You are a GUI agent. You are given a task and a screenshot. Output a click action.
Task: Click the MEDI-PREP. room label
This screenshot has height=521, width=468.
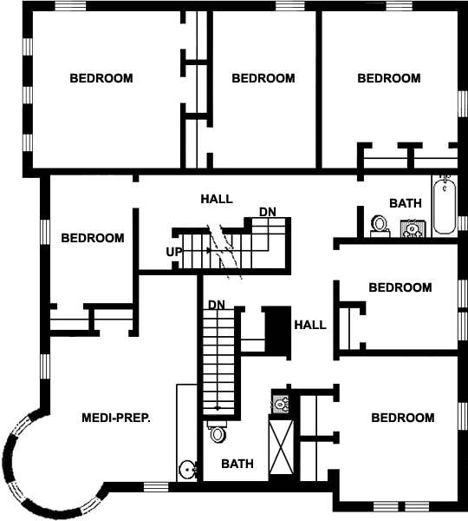[x=116, y=418]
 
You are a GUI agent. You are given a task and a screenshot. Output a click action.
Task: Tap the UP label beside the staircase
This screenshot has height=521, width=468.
[x=174, y=252]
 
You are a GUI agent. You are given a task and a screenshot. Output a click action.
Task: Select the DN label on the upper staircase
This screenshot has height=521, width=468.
[x=267, y=212]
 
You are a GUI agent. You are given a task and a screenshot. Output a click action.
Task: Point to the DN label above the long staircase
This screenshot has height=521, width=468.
[x=217, y=305]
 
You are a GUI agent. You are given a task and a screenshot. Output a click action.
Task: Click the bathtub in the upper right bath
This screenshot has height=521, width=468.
[x=445, y=206]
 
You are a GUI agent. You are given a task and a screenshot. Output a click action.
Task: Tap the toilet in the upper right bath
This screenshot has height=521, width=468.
[x=380, y=227]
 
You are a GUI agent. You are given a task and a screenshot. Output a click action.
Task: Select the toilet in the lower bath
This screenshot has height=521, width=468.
[x=218, y=432]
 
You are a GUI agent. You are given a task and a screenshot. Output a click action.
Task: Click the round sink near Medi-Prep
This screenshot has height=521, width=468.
[x=187, y=469]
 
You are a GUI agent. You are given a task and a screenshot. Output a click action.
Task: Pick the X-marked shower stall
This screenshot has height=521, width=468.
[x=281, y=447]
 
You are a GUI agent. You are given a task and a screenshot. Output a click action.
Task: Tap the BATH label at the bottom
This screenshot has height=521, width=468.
[x=237, y=464]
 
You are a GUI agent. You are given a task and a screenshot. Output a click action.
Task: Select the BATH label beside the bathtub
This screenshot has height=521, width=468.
[x=406, y=203]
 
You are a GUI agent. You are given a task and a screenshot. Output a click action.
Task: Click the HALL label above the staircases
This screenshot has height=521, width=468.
[x=217, y=199]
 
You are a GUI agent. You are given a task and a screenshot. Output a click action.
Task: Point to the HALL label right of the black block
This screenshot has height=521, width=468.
[x=310, y=325]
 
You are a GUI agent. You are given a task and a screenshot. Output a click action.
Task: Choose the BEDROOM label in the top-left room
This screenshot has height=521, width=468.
[x=101, y=78]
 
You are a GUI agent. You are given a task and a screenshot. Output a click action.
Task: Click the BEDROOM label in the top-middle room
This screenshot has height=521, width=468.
[x=263, y=78]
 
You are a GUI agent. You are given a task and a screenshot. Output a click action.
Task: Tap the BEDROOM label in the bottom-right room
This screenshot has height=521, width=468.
[x=403, y=418]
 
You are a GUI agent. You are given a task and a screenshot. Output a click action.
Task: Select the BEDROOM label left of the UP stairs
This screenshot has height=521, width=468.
[x=93, y=238]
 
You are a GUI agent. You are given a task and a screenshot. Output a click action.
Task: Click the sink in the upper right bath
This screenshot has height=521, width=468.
[x=413, y=228]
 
